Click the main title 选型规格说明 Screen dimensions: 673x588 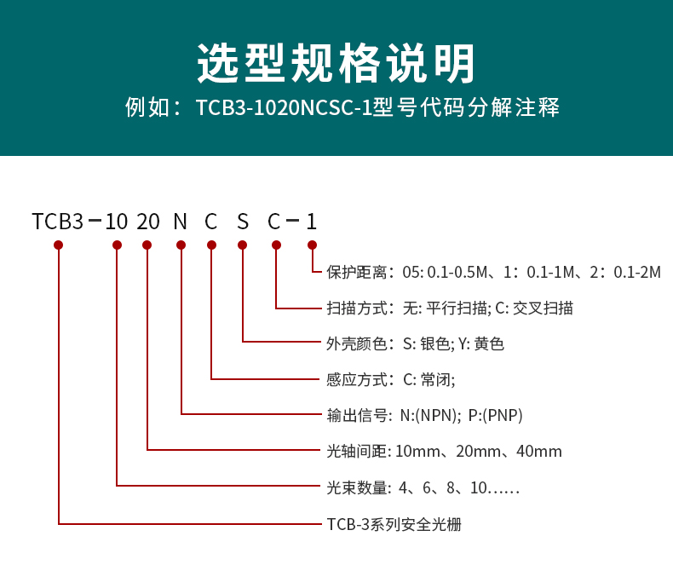click(336, 62)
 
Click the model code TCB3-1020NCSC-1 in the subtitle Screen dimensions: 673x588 click(279, 109)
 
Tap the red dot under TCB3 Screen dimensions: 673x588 click(58, 245)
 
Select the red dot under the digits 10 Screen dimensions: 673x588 click(117, 245)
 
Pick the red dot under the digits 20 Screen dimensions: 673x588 click(147, 245)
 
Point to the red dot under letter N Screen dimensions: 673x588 click(181, 245)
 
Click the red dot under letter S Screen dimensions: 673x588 click(243, 245)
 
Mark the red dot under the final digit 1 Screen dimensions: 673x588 click(312, 245)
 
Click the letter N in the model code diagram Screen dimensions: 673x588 click(180, 222)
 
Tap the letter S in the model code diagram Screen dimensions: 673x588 click(243, 222)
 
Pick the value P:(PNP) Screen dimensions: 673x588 click(495, 416)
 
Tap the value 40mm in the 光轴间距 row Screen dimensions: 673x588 click(539, 452)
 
